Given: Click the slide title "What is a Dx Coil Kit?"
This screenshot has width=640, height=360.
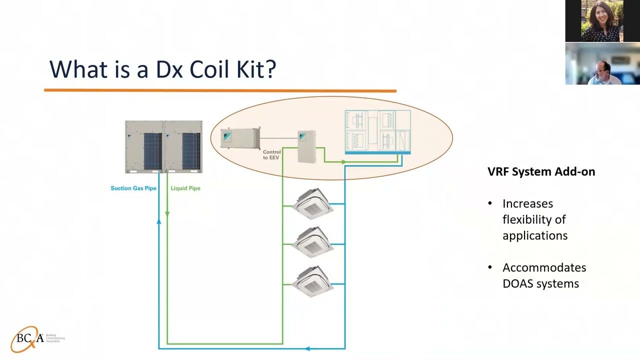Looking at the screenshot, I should click(162, 69).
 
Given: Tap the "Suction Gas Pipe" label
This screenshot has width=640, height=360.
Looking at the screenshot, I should click(133, 188).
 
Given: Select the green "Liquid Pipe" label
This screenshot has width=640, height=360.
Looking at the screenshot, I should click(185, 188).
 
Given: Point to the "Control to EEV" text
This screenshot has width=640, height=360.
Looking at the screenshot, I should click(271, 154).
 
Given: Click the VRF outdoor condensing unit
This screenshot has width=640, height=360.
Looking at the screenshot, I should click(163, 146).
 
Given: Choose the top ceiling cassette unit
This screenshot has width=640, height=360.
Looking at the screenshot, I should click(313, 203).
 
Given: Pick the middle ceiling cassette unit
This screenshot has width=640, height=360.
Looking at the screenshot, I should click(313, 242).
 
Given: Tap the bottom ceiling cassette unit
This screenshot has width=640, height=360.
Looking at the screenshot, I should click(313, 282).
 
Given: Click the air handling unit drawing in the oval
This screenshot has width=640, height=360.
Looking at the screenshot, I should click(377, 131).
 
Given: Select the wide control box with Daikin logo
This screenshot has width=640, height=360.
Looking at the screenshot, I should click(240, 138).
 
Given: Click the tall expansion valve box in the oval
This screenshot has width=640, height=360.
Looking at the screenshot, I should click(306, 146).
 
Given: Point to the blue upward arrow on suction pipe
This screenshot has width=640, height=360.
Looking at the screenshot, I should click(159, 220).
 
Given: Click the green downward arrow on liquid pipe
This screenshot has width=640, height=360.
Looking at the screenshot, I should click(167, 213).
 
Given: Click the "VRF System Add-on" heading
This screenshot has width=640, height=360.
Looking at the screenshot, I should click(541, 172).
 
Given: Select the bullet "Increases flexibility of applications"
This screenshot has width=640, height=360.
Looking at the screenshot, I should click(534, 219).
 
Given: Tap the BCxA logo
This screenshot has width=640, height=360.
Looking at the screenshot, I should click(31, 339).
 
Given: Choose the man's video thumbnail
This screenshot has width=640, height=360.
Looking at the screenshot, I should click(602, 64).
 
